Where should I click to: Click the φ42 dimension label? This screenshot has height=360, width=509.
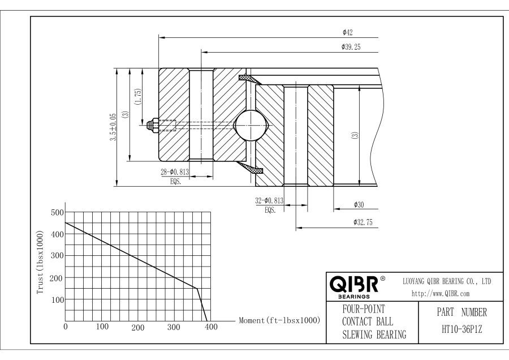coord(348,32)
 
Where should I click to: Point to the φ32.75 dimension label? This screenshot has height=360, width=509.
coord(362,222)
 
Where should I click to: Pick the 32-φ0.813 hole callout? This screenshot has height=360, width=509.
coord(269,200)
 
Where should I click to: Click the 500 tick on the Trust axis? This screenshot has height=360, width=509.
coord(57,213)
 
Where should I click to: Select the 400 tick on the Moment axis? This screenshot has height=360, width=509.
coord(210,327)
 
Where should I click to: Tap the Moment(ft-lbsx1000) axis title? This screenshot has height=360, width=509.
coord(279,320)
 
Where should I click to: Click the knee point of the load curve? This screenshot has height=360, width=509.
coord(196,288)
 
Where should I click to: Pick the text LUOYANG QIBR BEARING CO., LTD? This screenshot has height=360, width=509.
coord(446,281)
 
